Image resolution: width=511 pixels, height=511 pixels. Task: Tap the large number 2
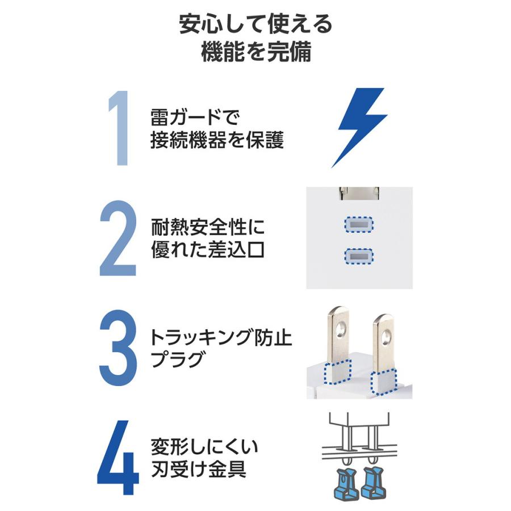point(118,238)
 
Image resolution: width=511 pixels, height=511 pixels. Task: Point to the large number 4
point(118,457)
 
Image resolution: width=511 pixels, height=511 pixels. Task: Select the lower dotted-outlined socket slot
point(359,257)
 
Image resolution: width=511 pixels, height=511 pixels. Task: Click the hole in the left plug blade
point(340,328)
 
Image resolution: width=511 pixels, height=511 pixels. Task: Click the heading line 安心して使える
point(256,26)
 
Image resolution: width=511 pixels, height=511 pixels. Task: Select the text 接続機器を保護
point(216,141)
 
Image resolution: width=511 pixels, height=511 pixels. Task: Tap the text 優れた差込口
point(207,250)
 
